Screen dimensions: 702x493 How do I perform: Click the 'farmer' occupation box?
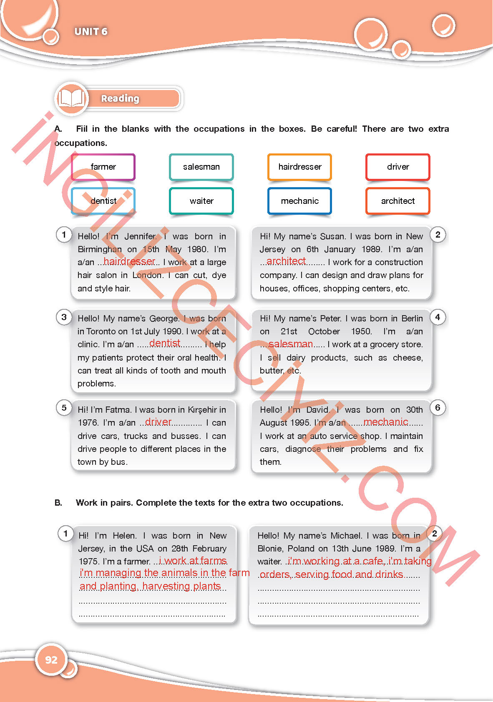click(103, 167)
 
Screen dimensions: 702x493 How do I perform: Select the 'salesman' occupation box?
click(201, 167)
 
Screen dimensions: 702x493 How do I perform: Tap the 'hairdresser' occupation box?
click(299, 167)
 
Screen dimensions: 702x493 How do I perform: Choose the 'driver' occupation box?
click(397, 167)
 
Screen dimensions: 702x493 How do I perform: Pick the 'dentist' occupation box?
click(103, 201)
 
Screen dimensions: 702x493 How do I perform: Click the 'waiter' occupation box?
click(201, 201)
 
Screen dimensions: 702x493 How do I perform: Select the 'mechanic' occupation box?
click(299, 201)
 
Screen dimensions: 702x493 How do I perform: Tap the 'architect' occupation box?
click(397, 201)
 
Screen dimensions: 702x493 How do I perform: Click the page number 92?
click(51, 659)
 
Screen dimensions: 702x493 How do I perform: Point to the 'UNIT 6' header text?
click(91, 32)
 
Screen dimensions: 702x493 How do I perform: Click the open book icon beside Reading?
click(71, 98)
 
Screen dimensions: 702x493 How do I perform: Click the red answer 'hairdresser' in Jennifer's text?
click(129, 261)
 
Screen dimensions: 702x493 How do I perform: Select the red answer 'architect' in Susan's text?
click(286, 261)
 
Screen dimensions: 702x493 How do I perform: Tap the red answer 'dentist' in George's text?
click(165, 343)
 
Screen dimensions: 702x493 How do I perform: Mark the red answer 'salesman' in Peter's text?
click(291, 344)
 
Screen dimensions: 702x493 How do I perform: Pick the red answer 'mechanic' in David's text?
click(386, 422)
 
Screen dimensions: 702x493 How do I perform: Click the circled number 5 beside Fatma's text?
click(64, 408)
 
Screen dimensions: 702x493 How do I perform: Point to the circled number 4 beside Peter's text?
click(438, 317)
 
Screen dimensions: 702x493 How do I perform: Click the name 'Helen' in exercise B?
click(124, 536)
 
